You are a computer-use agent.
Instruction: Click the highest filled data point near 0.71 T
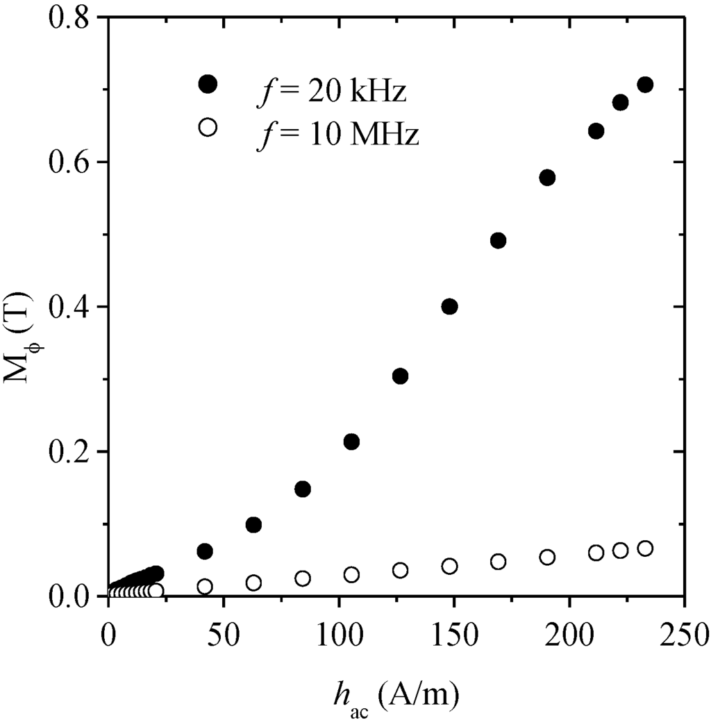(645, 85)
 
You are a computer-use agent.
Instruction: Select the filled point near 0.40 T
(449, 306)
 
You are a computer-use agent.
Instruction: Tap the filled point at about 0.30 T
(400, 376)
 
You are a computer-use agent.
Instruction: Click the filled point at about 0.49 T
(498, 240)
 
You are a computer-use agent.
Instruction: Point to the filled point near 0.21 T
(351, 442)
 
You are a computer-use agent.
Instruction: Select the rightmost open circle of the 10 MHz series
(645, 549)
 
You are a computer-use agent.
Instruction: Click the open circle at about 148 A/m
(449, 566)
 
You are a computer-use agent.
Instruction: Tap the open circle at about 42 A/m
(205, 587)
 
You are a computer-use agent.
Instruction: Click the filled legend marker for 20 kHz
(208, 84)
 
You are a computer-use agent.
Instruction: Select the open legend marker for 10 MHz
(208, 127)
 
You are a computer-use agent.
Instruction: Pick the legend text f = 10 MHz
(338, 135)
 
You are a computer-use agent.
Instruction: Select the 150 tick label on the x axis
(454, 635)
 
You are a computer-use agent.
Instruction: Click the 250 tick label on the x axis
(685, 635)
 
